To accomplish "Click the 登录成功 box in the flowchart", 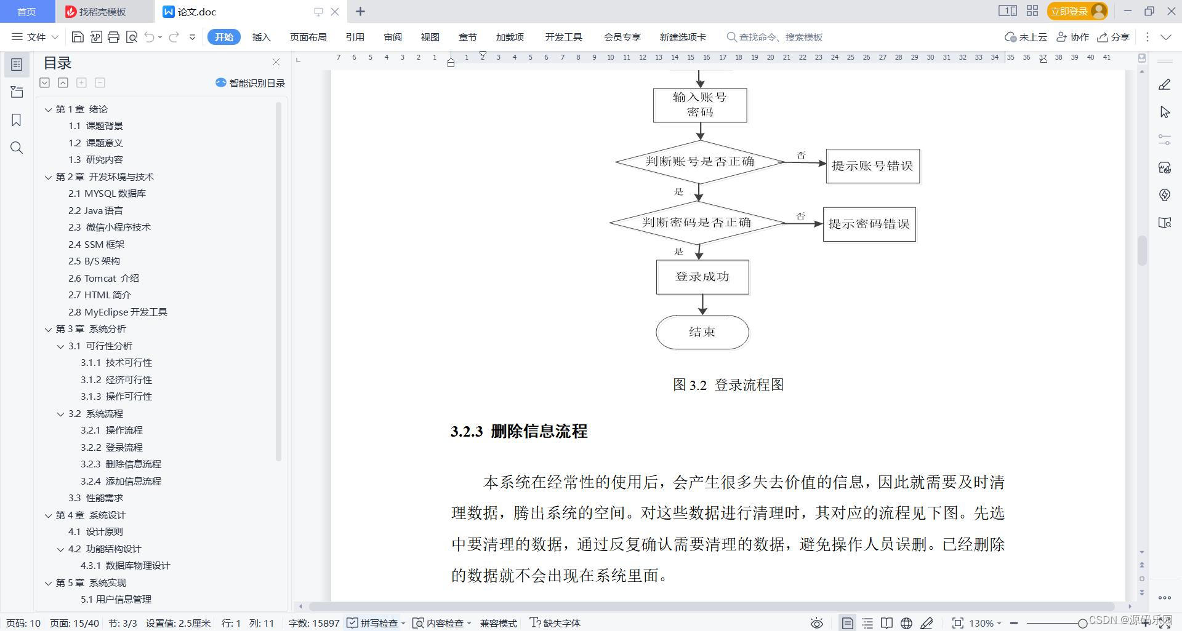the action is tap(702, 277).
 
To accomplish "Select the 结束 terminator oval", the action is tap(702, 332).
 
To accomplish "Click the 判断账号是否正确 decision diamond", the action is tap(699, 162).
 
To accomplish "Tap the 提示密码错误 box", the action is tap(869, 224).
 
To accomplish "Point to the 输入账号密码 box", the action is tap(700, 105).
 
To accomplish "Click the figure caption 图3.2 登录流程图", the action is tap(728, 385).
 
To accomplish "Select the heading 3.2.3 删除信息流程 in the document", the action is tap(519, 431).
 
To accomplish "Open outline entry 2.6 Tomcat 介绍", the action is tap(103, 278).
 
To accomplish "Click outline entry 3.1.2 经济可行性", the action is tap(116, 379).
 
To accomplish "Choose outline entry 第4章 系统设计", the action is tap(90, 515).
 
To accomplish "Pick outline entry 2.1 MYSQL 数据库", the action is tap(107, 193).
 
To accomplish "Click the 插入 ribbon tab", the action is tap(261, 37).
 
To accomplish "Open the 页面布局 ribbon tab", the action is tap(308, 37).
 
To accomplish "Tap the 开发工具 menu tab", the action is tap(563, 37).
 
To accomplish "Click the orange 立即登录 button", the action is tap(1069, 11).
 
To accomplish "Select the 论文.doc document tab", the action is tap(197, 12).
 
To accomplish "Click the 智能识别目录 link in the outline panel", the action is tap(251, 83).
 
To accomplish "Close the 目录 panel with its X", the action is tap(276, 62).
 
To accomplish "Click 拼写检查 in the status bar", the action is tap(374, 623).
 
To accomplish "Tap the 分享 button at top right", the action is tap(1114, 37).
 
